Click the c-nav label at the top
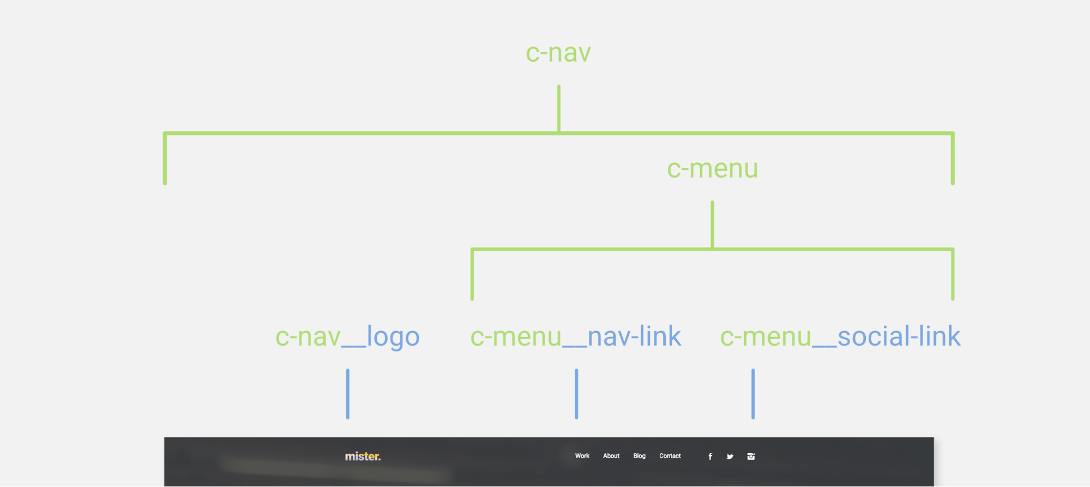[558, 53]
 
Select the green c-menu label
[712, 169]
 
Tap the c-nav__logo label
[347, 336]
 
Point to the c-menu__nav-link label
[576, 336]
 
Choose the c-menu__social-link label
[840, 336]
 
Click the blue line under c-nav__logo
[347, 394]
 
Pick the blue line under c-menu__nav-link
[576, 394]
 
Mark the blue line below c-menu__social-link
[753, 394]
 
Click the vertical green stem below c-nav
[558, 108]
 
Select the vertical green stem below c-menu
[712, 225]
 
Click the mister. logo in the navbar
[363, 456]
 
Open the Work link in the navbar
[582, 456]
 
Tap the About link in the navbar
[611, 456]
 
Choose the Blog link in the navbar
[640, 456]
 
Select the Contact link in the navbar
[670, 456]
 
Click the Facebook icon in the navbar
[710, 456]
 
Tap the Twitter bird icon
[730, 456]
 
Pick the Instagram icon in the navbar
[751, 456]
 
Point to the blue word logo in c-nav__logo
[393, 337]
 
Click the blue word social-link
[899, 336]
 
